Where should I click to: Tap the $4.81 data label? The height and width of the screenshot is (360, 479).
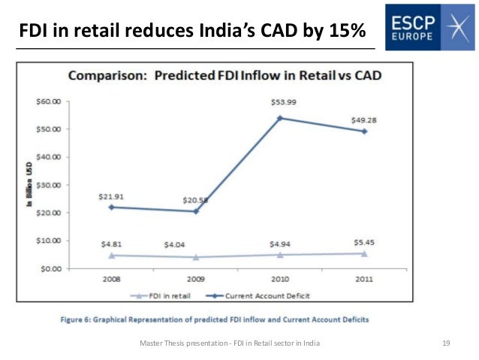click(110, 244)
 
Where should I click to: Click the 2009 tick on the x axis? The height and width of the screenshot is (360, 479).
click(195, 278)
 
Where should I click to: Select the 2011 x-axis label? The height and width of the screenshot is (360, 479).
click(364, 278)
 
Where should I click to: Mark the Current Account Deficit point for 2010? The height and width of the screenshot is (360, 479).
click(280, 118)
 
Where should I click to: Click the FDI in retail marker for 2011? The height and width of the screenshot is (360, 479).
click(364, 253)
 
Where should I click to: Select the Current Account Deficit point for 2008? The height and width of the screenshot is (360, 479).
click(111, 207)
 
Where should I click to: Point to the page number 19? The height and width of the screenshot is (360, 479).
click(446, 343)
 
